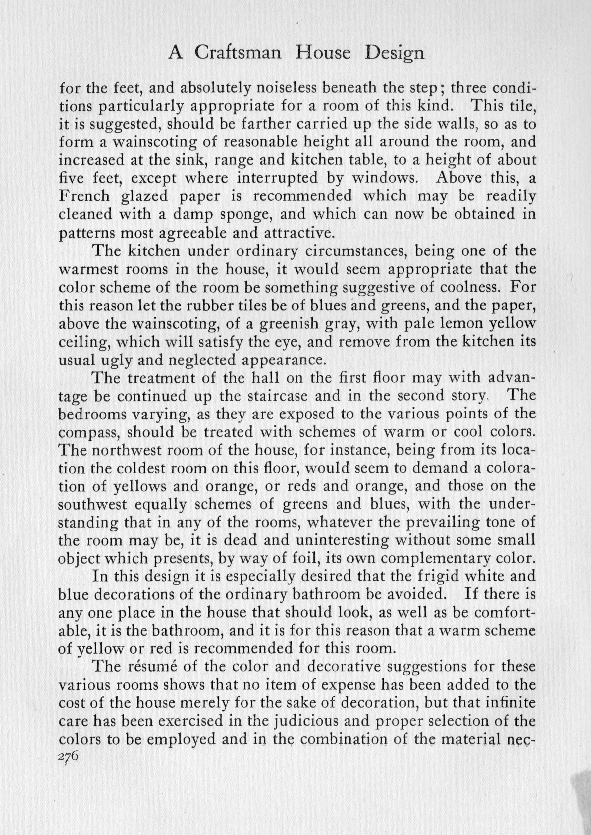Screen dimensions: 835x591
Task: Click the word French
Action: (84, 196)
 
